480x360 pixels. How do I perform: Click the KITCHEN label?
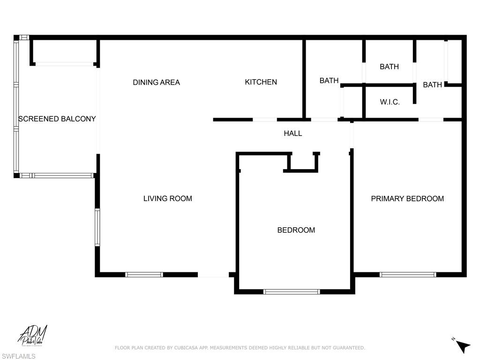(x=261, y=82)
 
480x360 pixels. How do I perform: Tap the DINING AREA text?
(x=156, y=82)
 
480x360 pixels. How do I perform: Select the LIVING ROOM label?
(x=167, y=199)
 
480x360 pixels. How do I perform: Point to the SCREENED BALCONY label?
(x=57, y=119)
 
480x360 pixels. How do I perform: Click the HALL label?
(x=292, y=134)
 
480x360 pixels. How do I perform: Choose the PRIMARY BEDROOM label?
(x=407, y=199)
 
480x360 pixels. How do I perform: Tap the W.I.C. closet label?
(x=390, y=102)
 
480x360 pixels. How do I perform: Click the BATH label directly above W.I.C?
(x=389, y=67)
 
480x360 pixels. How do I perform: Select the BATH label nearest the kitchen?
(x=329, y=81)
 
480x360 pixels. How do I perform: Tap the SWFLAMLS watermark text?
(x=18, y=356)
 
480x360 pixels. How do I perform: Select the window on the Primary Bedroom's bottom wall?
(x=407, y=275)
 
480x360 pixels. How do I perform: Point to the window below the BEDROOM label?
(x=292, y=292)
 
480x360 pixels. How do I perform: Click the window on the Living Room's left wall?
(x=97, y=227)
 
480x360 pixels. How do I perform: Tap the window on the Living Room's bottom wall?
(x=144, y=275)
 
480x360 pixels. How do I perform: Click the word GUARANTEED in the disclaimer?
(x=348, y=348)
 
